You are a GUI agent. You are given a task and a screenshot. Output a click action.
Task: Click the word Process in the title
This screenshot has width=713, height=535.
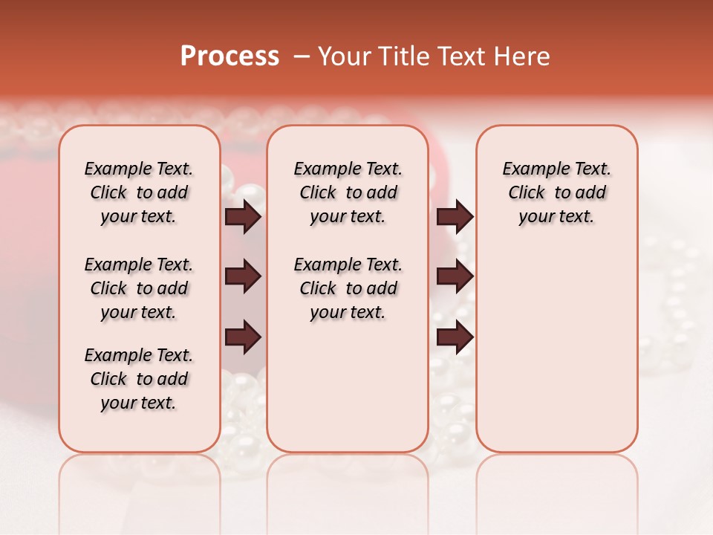point(229,56)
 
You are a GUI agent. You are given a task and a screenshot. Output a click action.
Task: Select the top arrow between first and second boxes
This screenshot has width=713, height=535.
point(243,217)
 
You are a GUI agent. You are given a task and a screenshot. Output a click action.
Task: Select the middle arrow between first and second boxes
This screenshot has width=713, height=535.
point(243,277)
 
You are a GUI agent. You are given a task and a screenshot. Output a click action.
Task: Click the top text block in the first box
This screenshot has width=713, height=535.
point(139,192)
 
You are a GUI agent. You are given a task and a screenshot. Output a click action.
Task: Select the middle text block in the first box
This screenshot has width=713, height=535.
point(139,288)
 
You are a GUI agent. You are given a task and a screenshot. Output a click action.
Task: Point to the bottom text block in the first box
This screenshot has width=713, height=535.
point(139,379)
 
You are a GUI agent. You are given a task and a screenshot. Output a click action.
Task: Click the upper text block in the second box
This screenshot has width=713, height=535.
point(348,192)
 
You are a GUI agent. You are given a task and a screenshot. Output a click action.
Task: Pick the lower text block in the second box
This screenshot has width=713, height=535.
point(348,288)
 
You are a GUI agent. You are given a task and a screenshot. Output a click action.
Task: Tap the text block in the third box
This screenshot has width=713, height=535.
point(557,192)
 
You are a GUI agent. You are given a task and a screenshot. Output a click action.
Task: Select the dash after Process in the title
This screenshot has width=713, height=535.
point(301,56)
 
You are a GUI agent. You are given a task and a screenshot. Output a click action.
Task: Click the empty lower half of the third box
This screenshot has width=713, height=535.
point(557,357)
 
